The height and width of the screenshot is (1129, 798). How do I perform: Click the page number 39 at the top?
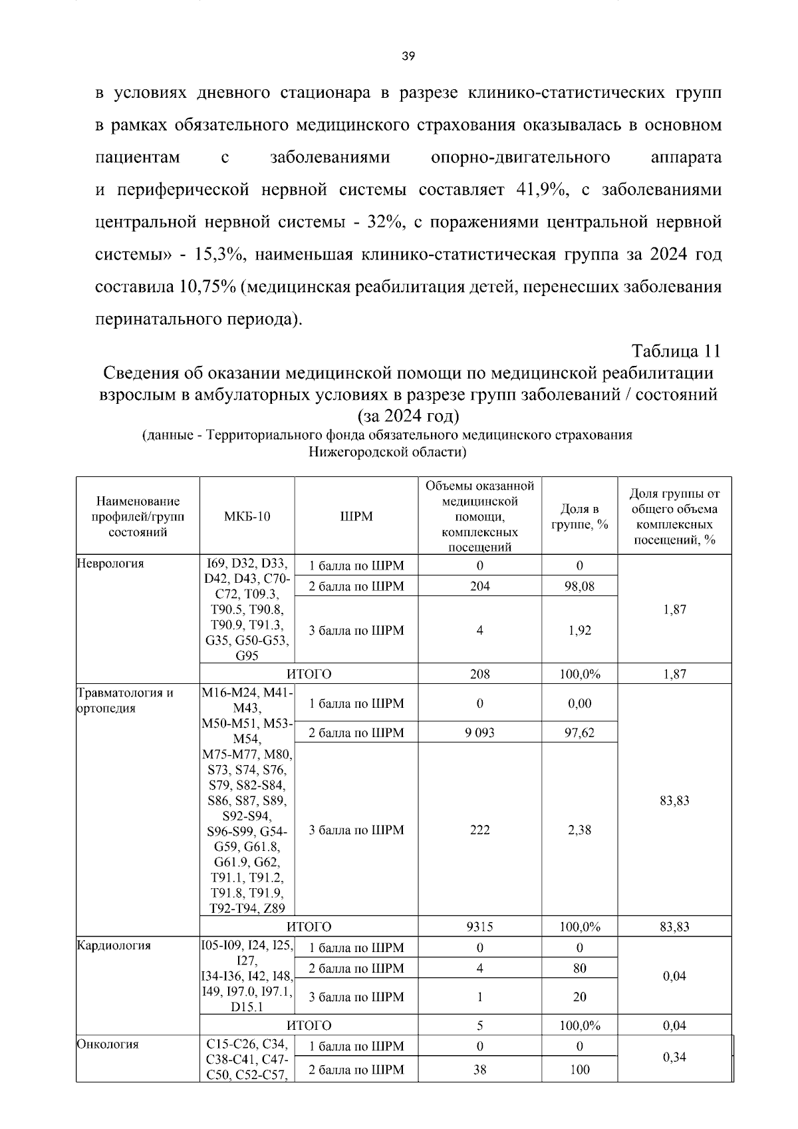pos(409,57)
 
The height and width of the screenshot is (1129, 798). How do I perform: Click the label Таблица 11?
pos(676,351)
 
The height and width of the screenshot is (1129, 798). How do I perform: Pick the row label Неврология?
pos(110,564)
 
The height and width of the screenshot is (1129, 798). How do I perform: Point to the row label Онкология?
pos(108,1044)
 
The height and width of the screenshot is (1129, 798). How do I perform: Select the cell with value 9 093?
pos(479,732)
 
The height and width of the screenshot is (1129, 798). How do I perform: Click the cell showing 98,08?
pos(579,586)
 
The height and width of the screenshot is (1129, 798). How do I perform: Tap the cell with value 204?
pos(479,586)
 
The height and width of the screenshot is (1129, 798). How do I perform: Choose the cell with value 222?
pos(479,830)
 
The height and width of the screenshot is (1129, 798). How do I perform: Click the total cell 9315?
pos(479,926)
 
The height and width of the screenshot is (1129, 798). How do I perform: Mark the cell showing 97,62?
pos(579,732)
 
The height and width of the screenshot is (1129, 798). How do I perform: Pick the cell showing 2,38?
pos(579,830)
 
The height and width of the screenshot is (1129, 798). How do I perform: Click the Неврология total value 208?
pos(479,674)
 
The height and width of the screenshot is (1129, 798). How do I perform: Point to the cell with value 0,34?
pos(674,1057)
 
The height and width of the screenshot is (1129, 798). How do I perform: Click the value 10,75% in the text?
pos(207,287)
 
